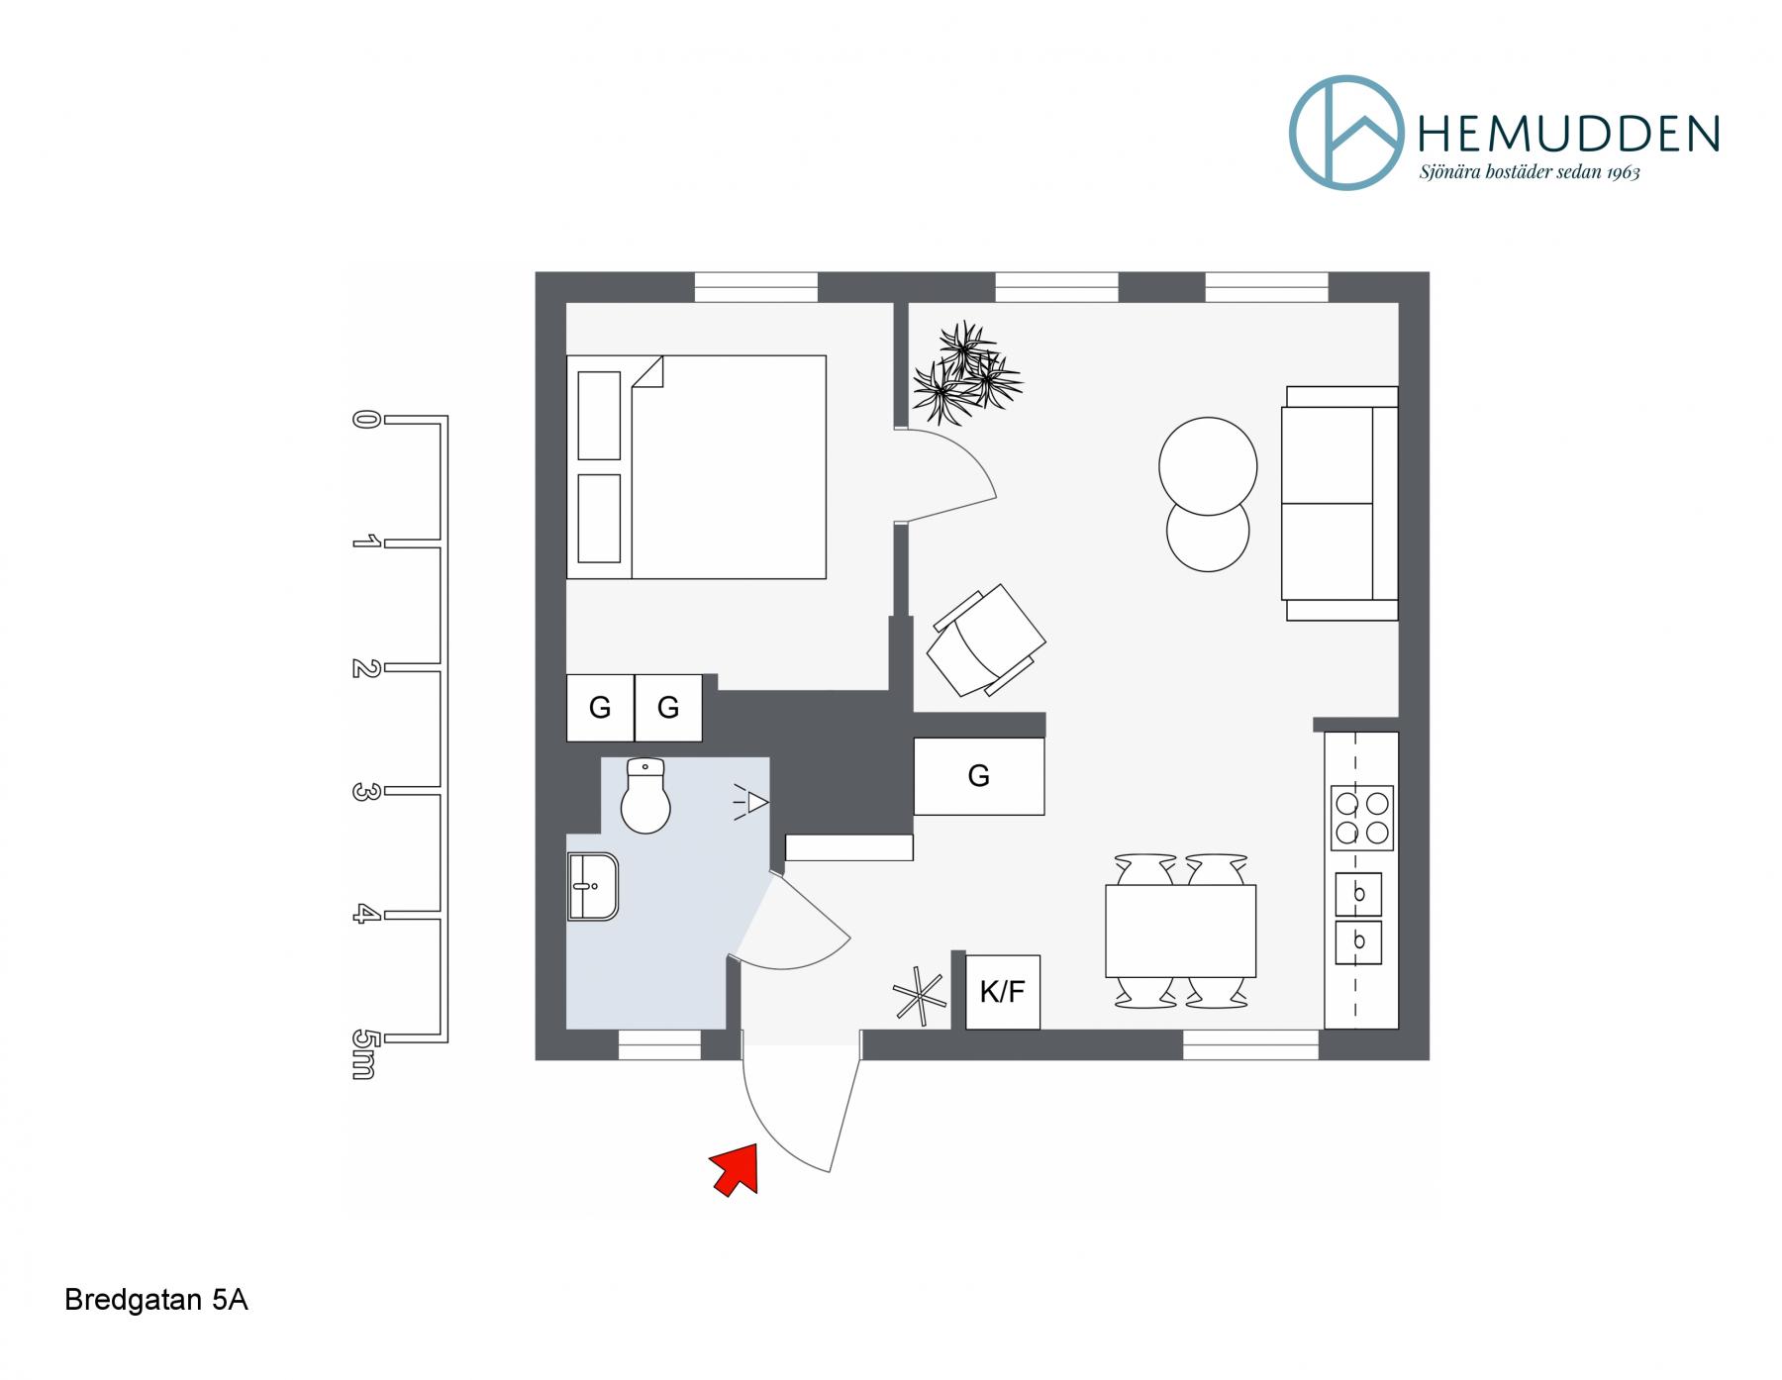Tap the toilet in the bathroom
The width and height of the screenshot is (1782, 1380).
pos(645,796)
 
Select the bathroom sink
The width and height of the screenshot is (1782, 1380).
pos(593,887)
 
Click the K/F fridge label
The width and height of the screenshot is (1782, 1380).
pos(1002,992)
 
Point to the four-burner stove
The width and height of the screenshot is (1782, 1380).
pos(1361,818)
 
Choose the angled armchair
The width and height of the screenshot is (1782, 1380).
pos(986,641)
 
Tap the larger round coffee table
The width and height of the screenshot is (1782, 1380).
pos(1208,466)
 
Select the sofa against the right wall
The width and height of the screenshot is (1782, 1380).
pos(1339,503)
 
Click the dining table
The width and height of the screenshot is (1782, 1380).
pos(1180,931)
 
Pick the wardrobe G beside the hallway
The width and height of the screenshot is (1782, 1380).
pos(978,776)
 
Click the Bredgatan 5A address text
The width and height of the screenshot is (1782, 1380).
pos(156,1300)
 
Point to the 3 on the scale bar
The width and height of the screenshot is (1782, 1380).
pos(364,792)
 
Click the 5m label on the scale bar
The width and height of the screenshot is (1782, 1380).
pos(364,1054)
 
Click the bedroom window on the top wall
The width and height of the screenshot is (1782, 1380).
pos(756,287)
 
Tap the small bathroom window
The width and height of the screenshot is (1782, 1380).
pos(660,1044)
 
